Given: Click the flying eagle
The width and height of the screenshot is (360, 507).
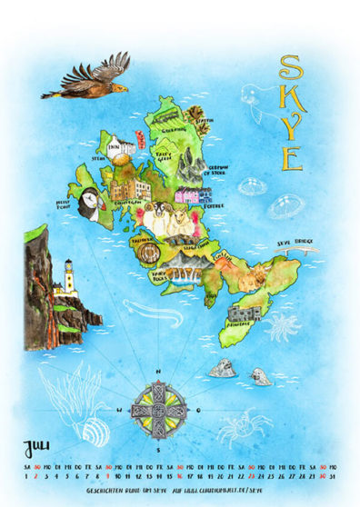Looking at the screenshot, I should tap(86, 78).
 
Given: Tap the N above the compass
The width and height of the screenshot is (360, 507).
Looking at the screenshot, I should tap(158, 372).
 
